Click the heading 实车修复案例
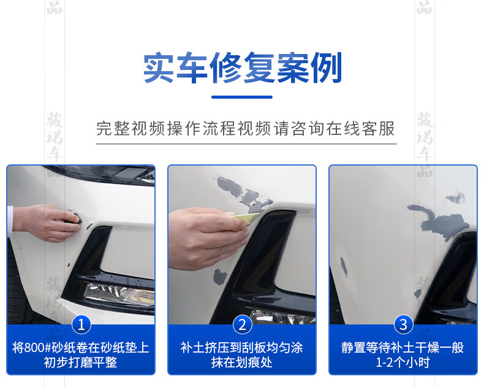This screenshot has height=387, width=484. (243, 67)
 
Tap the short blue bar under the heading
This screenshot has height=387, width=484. (241, 97)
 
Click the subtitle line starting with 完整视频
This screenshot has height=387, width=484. (246, 128)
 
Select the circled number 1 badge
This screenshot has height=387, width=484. (81, 324)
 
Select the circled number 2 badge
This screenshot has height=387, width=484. (242, 324)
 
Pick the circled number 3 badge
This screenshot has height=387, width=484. (403, 324)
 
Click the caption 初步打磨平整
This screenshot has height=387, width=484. (80, 362)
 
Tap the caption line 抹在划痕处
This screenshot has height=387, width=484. (241, 362)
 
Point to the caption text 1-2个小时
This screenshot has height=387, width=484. (403, 362)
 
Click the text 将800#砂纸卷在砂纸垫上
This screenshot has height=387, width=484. (80, 347)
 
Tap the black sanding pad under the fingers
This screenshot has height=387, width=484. (74, 217)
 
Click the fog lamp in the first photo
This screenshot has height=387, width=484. (119, 294)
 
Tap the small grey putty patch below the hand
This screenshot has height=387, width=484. (220, 277)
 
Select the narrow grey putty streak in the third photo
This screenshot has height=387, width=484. (344, 267)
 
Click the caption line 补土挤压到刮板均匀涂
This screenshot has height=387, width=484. (241, 347)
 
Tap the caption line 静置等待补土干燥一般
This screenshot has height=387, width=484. (403, 347)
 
